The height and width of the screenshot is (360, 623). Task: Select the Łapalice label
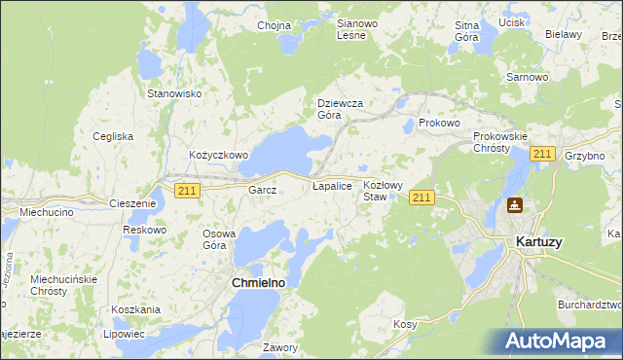click(332, 184)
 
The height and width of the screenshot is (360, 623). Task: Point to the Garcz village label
click(263, 190)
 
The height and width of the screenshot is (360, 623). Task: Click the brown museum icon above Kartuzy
click(514, 206)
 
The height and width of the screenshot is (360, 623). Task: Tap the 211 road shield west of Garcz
click(188, 191)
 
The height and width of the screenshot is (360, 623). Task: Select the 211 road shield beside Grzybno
click(543, 155)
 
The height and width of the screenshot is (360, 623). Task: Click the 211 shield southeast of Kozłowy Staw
click(421, 198)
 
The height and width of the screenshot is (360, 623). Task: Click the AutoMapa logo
click(560, 341)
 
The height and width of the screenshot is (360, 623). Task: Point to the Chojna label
click(274, 25)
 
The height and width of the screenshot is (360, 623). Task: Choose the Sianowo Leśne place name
click(350, 29)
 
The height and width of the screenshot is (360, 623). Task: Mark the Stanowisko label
click(173, 93)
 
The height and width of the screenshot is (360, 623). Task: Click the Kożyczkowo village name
click(219, 155)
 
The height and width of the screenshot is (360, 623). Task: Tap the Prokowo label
click(438, 124)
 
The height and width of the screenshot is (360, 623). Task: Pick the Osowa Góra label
click(219, 239)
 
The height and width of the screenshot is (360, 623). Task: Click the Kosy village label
click(405, 323)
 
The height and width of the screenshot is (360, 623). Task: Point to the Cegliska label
click(113, 136)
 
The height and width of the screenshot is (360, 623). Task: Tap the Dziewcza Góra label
click(341, 108)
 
